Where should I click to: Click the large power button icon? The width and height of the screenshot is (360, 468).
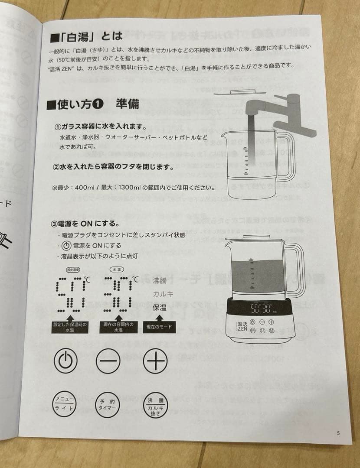pyautogui.click(x=65, y=360)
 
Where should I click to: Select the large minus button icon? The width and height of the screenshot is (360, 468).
pyautogui.click(x=108, y=360)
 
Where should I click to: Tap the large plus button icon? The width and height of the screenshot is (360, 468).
pyautogui.click(x=155, y=360)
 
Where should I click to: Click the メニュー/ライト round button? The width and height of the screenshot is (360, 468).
pyautogui.click(x=65, y=404)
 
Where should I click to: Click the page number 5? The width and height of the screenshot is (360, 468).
pyautogui.click(x=338, y=432)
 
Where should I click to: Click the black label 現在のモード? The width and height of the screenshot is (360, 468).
pyautogui.click(x=158, y=328)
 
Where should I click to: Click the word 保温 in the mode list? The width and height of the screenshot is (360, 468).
pyautogui.click(x=160, y=307)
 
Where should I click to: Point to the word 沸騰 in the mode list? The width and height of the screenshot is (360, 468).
pyautogui.click(x=160, y=280)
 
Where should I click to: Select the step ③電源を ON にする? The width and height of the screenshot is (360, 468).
pyautogui.click(x=85, y=224)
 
